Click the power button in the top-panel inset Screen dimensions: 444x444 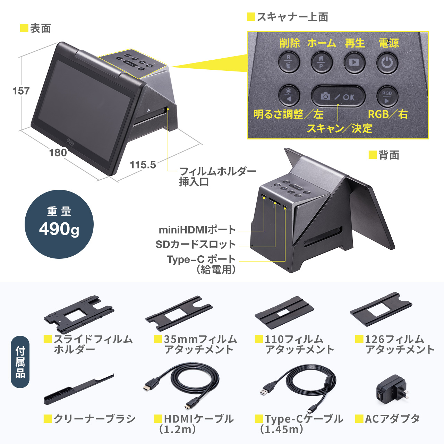(387, 63)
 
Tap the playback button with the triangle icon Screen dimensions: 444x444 (354, 63)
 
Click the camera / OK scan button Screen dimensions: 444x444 (338, 96)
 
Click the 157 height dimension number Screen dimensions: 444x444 (21, 91)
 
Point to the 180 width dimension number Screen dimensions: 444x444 (58, 153)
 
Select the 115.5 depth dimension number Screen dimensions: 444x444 (143, 165)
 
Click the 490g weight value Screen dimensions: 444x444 (59, 229)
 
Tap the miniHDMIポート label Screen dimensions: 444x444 (197, 230)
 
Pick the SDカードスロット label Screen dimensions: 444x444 (195, 245)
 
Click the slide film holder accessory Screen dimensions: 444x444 (79, 314)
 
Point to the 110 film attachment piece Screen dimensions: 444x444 (284, 311)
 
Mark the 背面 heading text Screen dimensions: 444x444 (389, 155)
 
